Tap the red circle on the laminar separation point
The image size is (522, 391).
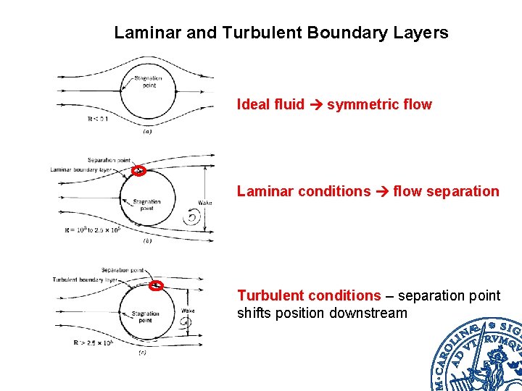pos(139,172)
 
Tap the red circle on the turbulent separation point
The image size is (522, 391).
pos(155,285)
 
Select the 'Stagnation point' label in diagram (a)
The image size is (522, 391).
pos(148,81)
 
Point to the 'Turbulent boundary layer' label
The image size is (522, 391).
pos(85,279)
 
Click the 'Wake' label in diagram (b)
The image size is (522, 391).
pos(205,203)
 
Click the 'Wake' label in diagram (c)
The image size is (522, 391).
pos(188,311)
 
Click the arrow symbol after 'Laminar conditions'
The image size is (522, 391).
pos(381,192)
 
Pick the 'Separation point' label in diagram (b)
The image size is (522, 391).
pos(109,160)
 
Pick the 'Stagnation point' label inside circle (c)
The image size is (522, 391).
pos(146,316)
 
